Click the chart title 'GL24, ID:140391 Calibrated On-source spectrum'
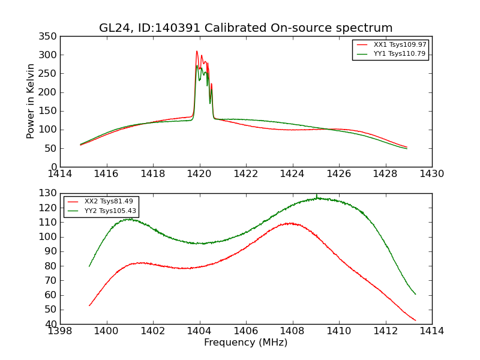246,28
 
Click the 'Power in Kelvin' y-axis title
31,101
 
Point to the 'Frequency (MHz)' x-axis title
246,343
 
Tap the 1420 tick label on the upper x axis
200,174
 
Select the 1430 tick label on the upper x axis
432,174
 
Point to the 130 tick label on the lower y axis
47,193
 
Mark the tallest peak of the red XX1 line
196,51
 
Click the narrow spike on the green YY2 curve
317,194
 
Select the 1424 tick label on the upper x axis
293,174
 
